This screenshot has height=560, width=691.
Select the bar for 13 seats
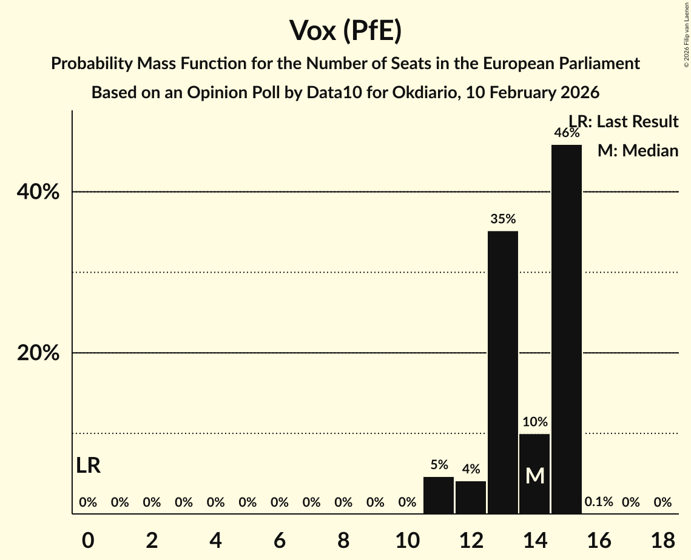(503, 372)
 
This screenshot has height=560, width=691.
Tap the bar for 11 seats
(439, 495)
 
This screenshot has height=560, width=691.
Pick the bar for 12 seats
(471, 497)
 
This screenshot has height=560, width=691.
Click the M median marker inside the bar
(535, 476)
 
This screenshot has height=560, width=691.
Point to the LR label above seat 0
(89, 465)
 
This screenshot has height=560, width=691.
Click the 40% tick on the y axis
(38, 192)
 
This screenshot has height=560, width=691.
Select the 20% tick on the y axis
(38, 353)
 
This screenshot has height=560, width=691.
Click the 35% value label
(503, 219)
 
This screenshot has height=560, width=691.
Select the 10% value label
(535, 422)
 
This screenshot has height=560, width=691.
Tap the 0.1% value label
(599, 502)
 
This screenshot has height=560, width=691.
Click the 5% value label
(439, 465)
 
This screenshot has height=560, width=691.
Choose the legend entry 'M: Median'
(638, 151)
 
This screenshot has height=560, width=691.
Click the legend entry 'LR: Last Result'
(623, 122)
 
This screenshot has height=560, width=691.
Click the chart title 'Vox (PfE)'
(345, 31)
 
